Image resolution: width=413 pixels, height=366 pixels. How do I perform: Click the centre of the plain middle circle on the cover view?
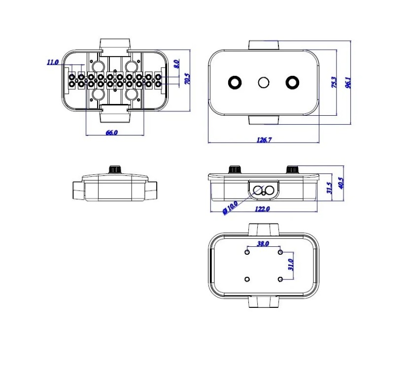[263, 82]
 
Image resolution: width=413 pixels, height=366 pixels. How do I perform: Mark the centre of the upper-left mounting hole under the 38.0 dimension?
[247, 252]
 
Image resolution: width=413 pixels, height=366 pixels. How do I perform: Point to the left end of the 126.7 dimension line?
[208, 143]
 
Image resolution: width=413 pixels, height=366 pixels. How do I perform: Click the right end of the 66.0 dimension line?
[144, 135]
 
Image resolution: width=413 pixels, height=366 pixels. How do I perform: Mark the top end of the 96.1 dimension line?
[350, 41]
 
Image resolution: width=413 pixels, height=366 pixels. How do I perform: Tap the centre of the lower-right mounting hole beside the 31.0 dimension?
[280, 279]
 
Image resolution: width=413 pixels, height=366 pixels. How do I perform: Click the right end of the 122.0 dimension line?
[317, 211]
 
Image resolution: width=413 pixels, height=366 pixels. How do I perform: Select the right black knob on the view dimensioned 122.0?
[292, 169]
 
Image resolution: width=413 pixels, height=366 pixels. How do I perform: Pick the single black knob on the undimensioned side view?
[115, 169]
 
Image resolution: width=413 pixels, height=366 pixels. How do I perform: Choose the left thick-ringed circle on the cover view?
[235, 82]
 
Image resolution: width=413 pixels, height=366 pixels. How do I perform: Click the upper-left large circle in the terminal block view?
[99, 66]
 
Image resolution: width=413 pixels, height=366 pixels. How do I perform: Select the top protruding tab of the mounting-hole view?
[263, 230]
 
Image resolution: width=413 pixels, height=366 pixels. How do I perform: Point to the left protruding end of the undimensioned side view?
[78, 190]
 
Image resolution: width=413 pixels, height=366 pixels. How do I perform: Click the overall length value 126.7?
[264, 140]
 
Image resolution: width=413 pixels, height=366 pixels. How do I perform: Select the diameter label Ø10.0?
[230, 208]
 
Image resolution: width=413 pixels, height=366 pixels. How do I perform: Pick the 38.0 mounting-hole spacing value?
[263, 244]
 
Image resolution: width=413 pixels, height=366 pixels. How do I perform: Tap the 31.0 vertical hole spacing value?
[291, 265]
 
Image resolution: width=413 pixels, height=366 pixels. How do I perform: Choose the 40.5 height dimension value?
[341, 183]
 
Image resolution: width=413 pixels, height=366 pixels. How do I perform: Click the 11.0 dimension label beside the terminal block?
[52, 63]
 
